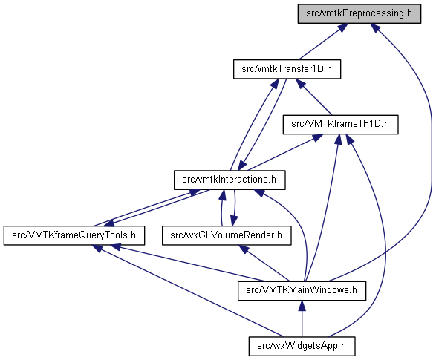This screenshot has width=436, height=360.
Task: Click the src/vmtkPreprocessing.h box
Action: point(359,13)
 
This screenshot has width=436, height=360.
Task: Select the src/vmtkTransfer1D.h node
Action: point(287,69)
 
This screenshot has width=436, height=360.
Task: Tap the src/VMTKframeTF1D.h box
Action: point(340,125)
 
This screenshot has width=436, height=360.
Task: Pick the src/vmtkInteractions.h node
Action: point(230,180)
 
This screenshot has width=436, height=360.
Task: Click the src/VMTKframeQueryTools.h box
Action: point(74,235)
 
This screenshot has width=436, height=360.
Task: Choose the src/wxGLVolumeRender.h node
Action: point(227,235)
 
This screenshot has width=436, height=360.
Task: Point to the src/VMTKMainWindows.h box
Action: point(302,290)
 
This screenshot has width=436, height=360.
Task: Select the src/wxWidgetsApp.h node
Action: point(302,346)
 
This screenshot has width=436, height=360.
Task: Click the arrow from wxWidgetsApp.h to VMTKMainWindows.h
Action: point(302,318)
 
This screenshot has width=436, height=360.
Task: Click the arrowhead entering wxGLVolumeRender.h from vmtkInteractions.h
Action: point(234,221)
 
